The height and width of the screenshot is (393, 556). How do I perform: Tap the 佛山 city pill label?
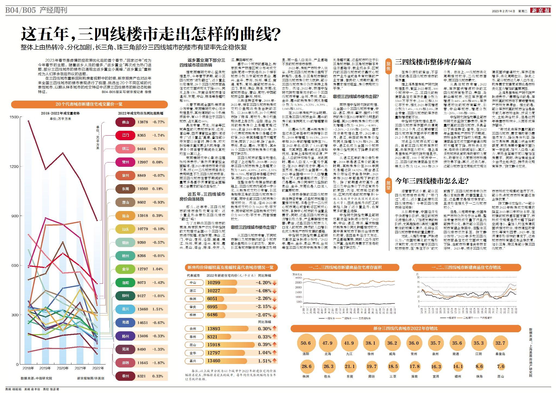click(x=125, y=122)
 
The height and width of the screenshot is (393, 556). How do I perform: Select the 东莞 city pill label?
click(x=125, y=189)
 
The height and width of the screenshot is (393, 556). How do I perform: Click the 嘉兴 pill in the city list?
click(x=125, y=309)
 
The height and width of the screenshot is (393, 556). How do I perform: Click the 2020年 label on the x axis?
click(x=63, y=368)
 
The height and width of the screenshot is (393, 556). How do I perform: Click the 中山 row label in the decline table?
click(x=193, y=283)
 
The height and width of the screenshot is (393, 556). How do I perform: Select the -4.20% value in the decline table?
click(x=263, y=283)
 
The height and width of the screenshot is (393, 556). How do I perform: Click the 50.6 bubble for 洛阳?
click(x=306, y=343)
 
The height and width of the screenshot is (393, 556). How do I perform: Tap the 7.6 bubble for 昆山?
click(x=501, y=366)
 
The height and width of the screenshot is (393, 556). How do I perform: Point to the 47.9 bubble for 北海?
click(x=327, y=343)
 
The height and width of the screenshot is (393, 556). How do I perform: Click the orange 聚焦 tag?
click(x=388, y=66)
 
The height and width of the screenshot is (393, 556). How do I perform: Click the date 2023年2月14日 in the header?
click(x=503, y=11)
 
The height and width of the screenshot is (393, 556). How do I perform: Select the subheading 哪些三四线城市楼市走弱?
click(x=356, y=96)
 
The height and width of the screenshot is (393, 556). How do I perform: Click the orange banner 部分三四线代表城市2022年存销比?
click(x=406, y=328)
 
